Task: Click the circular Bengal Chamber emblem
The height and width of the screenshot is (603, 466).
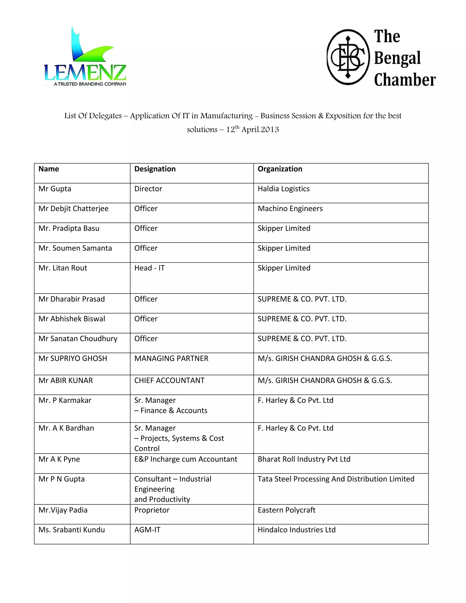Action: click(x=348, y=57)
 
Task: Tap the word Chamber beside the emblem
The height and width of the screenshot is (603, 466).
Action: click(x=405, y=80)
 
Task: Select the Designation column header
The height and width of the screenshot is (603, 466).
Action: click(x=155, y=169)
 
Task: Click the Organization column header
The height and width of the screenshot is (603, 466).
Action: click(x=280, y=169)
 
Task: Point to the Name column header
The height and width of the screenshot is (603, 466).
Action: click(x=49, y=169)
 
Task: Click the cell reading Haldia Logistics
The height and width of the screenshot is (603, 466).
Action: click(x=284, y=189)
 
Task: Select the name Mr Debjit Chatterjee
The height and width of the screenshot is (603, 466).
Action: click(x=73, y=209)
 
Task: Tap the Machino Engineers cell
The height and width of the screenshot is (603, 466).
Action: click(x=290, y=209)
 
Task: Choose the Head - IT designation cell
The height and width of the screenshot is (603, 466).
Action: click(x=149, y=268)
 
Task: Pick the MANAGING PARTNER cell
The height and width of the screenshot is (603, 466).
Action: click(x=171, y=358)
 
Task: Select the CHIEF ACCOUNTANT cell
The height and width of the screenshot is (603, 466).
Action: click(x=169, y=380)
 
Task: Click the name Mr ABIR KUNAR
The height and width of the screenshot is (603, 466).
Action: click(x=66, y=380)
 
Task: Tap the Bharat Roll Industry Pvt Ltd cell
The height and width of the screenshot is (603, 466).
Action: click(x=304, y=459)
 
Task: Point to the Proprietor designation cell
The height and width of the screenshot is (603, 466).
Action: click(x=152, y=510)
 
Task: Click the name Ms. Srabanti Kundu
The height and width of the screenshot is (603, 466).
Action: click(x=71, y=530)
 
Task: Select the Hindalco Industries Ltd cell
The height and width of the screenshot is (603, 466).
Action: click(x=296, y=530)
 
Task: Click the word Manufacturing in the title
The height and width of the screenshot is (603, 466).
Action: click(x=226, y=116)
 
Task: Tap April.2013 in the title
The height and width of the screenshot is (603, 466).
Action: click(x=260, y=130)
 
